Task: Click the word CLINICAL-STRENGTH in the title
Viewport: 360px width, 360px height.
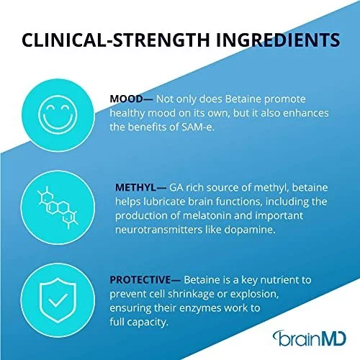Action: coord(116,40)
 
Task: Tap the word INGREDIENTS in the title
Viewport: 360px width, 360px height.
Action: coord(278,40)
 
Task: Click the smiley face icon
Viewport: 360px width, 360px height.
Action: coord(58,114)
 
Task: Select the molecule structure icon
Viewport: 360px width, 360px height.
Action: coord(58,207)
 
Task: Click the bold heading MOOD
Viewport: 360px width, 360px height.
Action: coord(127,99)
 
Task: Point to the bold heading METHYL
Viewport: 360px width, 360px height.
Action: coord(136,187)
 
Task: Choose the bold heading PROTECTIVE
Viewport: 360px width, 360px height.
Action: coord(140,280)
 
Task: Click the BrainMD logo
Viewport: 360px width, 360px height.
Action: coord(310,338)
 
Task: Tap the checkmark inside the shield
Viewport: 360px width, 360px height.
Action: coord(58,300)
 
